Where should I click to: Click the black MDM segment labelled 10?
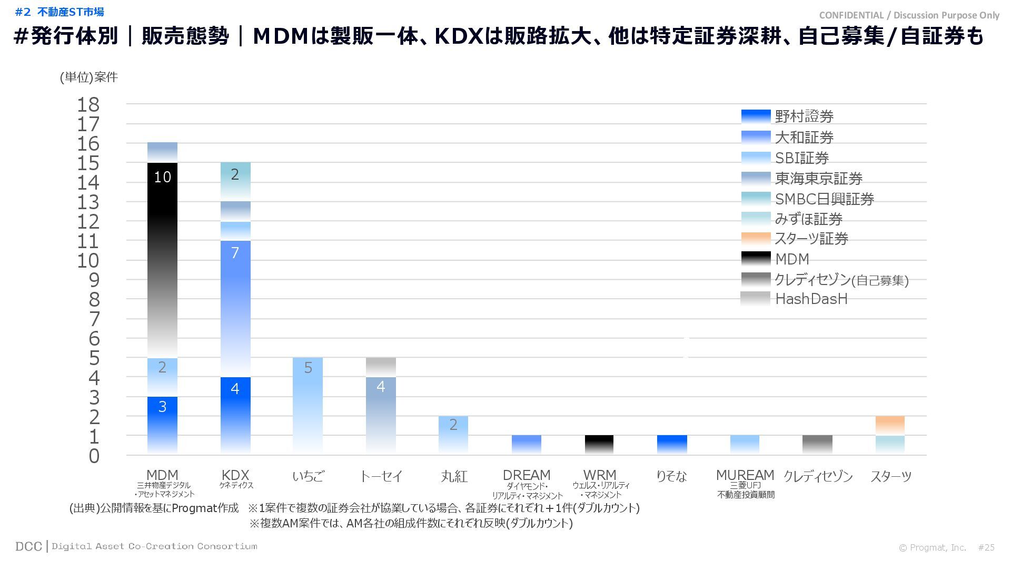click(162, 260)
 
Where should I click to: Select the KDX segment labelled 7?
click(235, 308)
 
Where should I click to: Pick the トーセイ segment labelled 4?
click(381, 415)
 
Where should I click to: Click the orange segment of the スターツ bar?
click(890, 426)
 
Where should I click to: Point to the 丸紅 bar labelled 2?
click(453, 435)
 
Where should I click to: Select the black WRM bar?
click(599, 445)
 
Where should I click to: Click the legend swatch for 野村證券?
click(756, 116)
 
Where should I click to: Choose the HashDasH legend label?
click(811, 299)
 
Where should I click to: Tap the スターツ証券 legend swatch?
click(756, 239)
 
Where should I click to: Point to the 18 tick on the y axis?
click(88, 105)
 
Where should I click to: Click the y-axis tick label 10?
click(88, 261)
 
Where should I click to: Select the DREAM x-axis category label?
click(527, 476)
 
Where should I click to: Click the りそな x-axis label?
click(672, 476)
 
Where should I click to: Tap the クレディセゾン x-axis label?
click(818, 476)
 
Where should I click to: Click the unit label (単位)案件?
click(89, 77)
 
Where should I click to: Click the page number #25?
click(986, 547)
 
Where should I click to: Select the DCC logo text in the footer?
click(28, 546)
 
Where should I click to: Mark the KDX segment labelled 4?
click(235, 415)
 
